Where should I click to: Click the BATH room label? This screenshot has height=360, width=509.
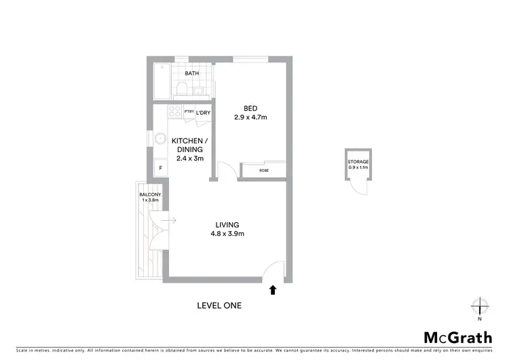pos(193,73)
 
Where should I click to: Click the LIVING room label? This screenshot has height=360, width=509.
pos(228,224)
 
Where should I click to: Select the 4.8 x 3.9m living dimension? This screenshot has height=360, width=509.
pos(228,234)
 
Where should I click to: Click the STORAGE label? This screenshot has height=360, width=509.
pos(358,162)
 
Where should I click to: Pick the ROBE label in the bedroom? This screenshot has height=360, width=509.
pos(264,170)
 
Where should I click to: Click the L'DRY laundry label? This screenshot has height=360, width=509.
pos(204,113)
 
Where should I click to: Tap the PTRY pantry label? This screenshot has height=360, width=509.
pos(189,112)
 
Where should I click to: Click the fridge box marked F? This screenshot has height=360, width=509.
pos(161,167)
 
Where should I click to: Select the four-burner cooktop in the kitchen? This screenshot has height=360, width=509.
pos(174,113)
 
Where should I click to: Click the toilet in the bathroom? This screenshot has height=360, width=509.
pos(181,89)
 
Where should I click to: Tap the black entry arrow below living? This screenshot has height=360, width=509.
pos(273,290)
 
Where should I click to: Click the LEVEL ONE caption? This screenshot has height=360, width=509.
pos(219,306)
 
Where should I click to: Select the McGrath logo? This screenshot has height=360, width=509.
pos(457,338)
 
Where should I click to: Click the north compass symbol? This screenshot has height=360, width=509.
pos(479,306)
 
